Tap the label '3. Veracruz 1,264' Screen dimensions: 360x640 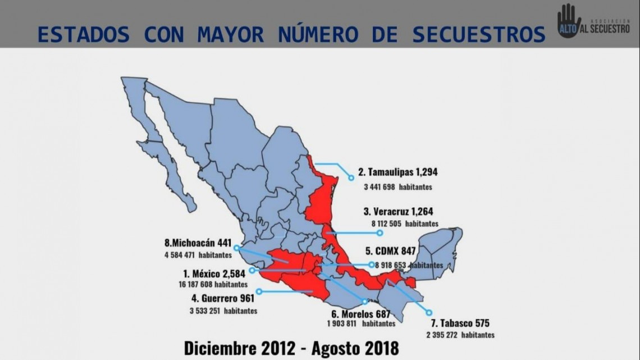(x=398, y=212)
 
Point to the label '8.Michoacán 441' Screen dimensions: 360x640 (x=198, y=244)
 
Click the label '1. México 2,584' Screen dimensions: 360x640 (x=214, y=275)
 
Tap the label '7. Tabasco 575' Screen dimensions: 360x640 (x=460, y=323)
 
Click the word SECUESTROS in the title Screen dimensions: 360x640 (x=479, y=34)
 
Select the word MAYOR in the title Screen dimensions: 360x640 (x=230, y=34)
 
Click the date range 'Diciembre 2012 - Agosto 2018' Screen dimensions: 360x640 (x=291, y=347)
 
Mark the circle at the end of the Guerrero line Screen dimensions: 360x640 (x=259, y=291)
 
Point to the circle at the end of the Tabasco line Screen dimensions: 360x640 (x=429, y=312)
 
